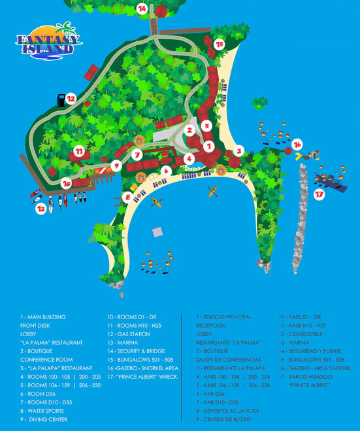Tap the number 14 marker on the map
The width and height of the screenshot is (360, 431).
tap(142, 9)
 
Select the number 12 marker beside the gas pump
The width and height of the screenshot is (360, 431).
tap(71, 99)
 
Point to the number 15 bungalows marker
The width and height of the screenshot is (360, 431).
tap(219, 44)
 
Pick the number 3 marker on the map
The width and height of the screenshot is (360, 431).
tap(239, 150)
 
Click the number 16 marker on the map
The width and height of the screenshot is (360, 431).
tap(297, 144)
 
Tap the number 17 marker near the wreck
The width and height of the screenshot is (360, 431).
tap(319, 194)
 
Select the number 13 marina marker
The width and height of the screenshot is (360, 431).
tap(41, 209)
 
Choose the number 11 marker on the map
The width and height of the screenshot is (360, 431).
tap(79, 151)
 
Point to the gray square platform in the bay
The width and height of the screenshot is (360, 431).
tap(157, 232)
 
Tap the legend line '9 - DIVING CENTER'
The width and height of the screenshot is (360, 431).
tap(43, 419)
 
